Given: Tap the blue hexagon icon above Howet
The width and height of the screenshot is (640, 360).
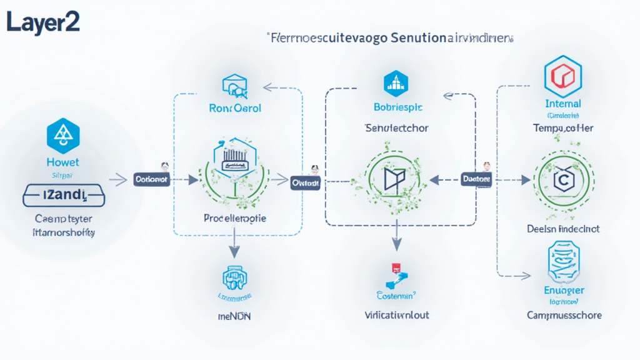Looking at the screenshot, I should tap(63, 136).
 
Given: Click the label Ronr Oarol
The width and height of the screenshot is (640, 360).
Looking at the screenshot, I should tap(234, 107).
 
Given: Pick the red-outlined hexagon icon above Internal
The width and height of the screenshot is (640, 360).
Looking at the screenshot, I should tap(563, 76).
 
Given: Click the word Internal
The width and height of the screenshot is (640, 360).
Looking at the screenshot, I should tap(563, 104).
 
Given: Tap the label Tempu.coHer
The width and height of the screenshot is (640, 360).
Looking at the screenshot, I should tap(563, 128).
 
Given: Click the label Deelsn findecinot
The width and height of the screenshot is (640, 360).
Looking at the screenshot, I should tap(563, 229).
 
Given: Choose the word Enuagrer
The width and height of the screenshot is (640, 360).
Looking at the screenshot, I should tap(564, 290).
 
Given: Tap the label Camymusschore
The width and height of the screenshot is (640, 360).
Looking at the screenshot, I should tap(564, 315).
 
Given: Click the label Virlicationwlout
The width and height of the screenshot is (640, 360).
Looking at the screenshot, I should tap(397, 315).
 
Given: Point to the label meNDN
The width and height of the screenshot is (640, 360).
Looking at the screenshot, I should tap(234, 317).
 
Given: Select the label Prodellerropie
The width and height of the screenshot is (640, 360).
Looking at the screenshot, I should tap(235, 219).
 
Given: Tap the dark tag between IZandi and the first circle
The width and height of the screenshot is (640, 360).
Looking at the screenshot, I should tap(151, 179).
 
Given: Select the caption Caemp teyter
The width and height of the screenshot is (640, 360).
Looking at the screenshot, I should tap(64, 219).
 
